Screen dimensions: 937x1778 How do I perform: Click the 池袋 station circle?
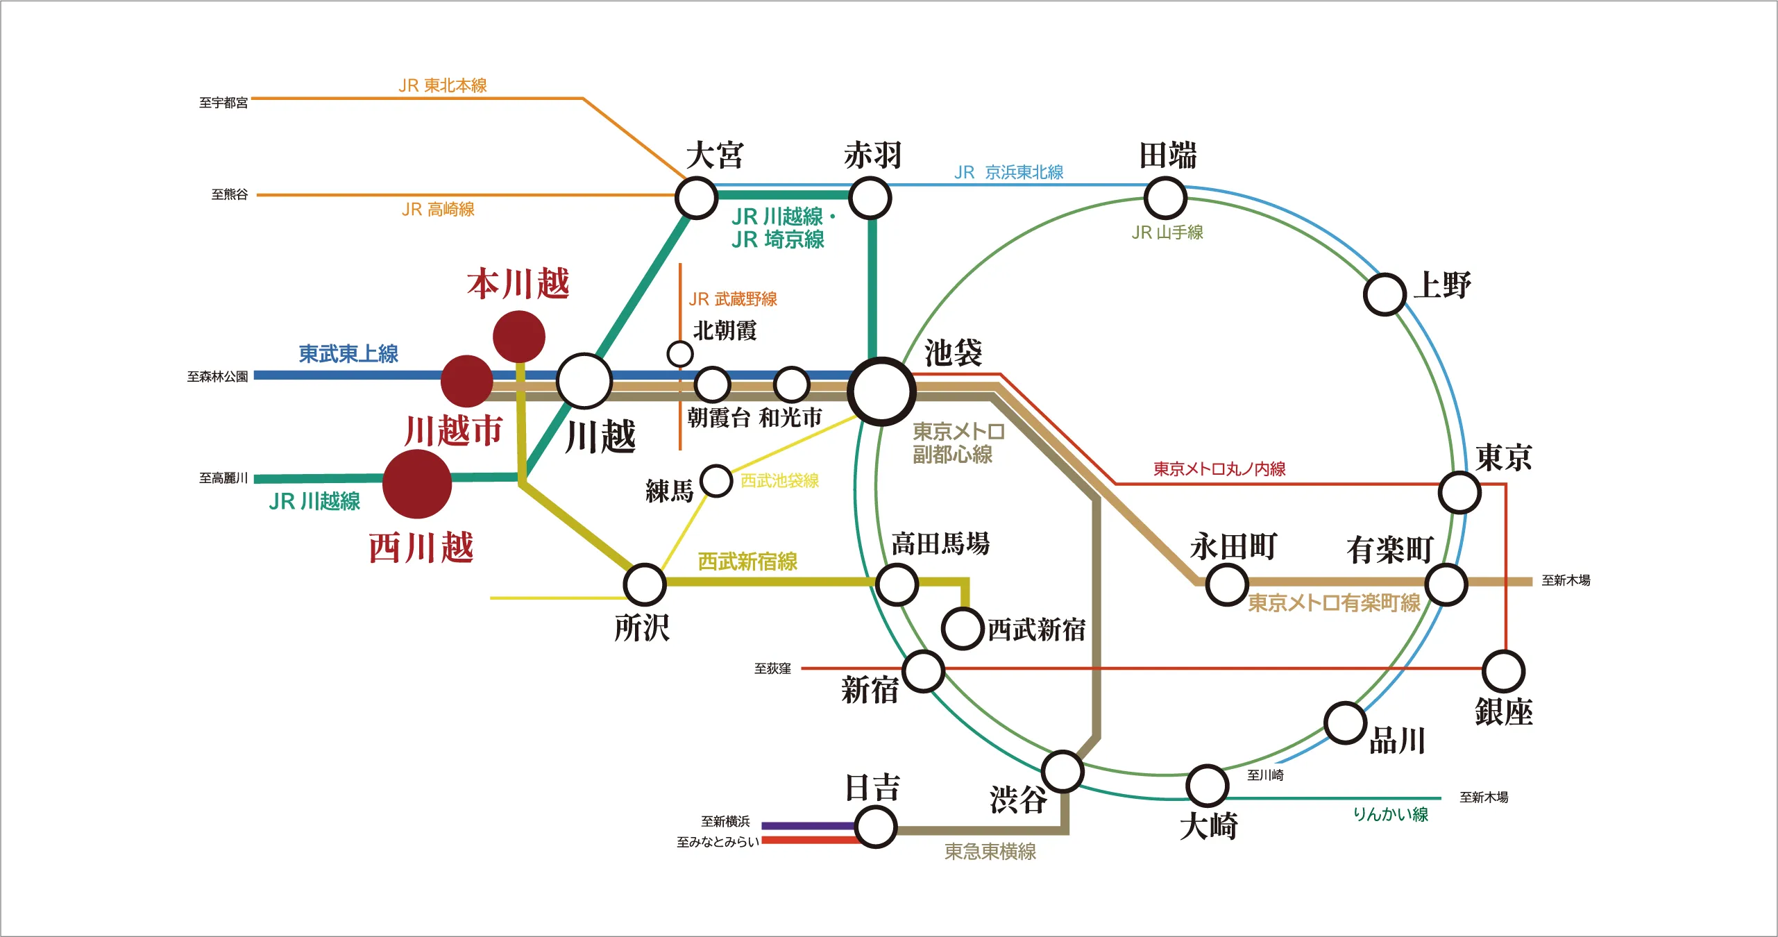(x=881, y=391)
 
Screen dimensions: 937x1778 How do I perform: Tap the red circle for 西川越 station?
(x=417, y=484)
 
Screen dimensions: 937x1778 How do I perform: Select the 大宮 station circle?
(x=696, y=198)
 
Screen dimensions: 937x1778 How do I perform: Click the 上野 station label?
(x=1442, y=285)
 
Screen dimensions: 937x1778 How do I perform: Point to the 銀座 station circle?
(x=1503, y=671)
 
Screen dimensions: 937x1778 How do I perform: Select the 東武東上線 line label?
(x=348, y=354)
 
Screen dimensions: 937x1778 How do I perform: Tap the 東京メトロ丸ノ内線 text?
(x=1219, y=469)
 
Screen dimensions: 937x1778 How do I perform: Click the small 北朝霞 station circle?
(x=680, y=353)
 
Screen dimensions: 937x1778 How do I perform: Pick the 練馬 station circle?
(x=716, y=480)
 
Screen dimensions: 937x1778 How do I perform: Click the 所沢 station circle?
(x=645, y=584)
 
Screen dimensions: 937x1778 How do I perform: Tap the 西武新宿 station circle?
(x=963, y=628)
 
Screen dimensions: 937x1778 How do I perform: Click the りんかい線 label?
(x=1390, y=814)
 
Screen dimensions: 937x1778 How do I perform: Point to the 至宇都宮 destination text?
(x=223, y=103)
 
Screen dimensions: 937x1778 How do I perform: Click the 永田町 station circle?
(x=1226, y=584)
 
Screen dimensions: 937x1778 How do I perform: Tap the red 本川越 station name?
(x=518, y=284)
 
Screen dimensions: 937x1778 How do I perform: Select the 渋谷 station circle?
(x=1062, y=771)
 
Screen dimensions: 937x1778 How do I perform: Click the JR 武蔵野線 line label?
(x=733, y=299)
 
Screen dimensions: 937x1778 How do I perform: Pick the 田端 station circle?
(x=1165, y=198)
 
